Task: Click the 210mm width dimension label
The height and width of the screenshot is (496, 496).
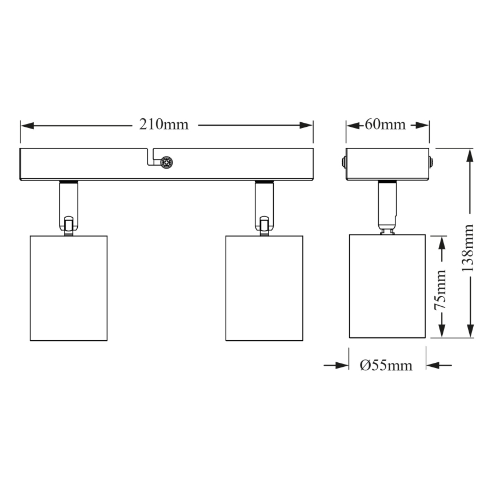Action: [x=164, y=125]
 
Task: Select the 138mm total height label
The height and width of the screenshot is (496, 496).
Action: [x=469, y=246]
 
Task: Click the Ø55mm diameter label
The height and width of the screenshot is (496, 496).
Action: [x=386, y=366]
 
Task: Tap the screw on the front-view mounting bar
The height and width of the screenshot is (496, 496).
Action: [x=167, y=163]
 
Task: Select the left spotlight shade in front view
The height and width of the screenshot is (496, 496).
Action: [x=69, y=287]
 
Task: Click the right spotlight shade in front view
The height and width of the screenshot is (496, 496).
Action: [x=265, y=287]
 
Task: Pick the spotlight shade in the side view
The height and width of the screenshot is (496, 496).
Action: [x=387, y=286]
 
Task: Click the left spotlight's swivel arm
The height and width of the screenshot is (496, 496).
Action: [x=68, y=207]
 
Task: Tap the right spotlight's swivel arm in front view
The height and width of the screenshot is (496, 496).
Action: [x=264, y=207]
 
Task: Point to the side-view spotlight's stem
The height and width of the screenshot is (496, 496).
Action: [x=387, y=206]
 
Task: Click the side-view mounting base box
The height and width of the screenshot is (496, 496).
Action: [x=387, y=164]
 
